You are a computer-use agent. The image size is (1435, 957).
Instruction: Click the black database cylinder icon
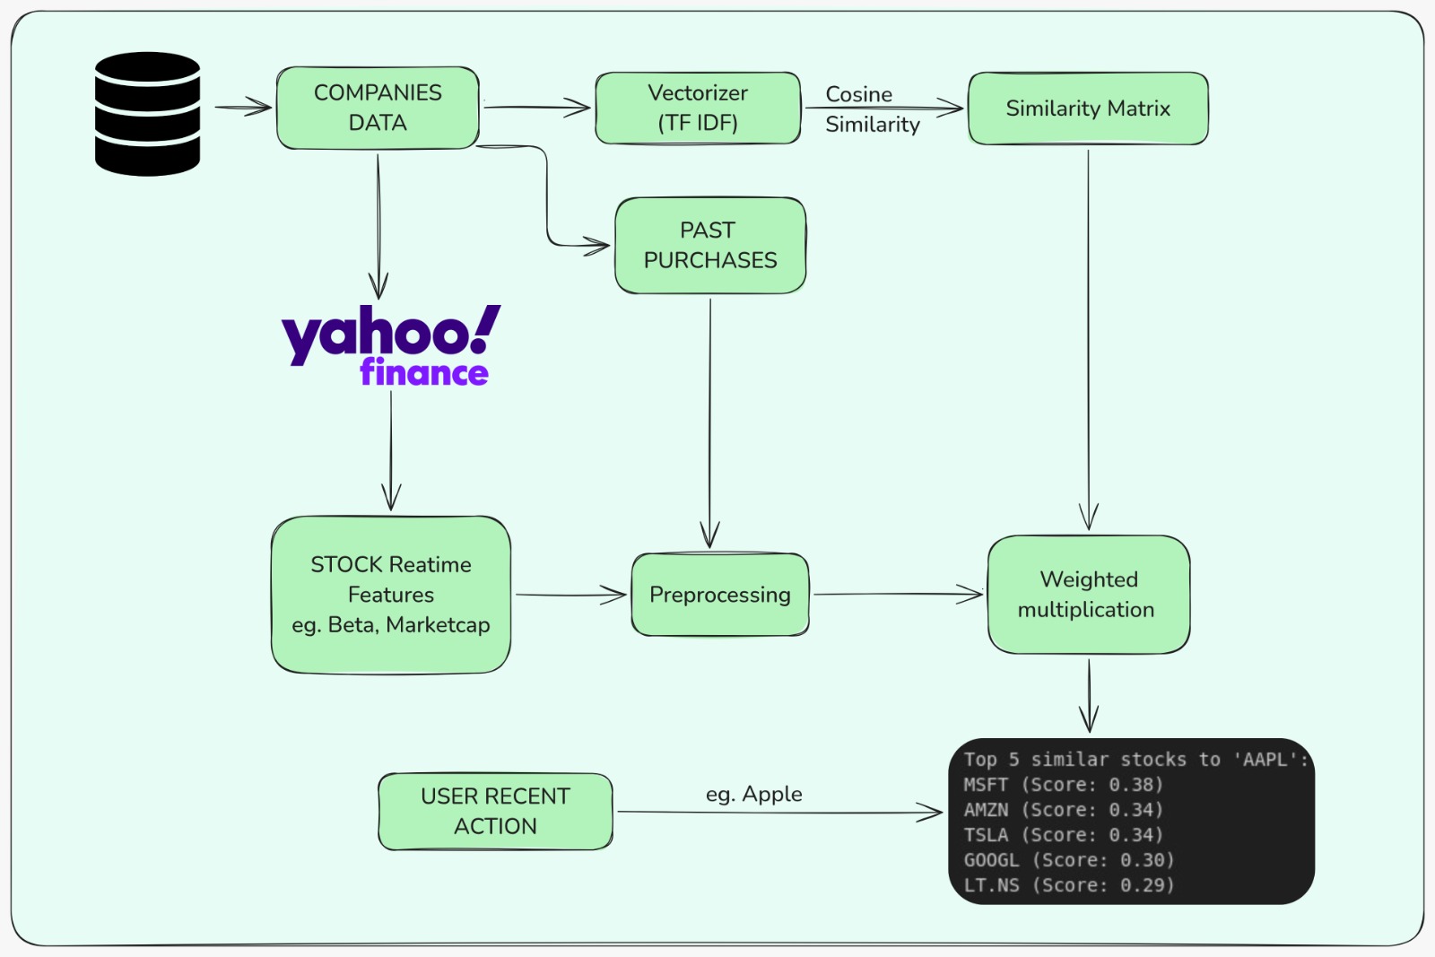(x=147, y=114)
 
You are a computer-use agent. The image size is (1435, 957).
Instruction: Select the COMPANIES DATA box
(x=378, y=108)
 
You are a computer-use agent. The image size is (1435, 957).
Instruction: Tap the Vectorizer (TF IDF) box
(x=698, y=108)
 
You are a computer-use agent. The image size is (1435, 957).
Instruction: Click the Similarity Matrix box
(x=1088, y=109)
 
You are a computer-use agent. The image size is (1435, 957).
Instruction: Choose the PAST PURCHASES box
(x=710, y=245)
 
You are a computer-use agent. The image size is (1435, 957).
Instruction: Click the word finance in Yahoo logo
(x=423, y=372)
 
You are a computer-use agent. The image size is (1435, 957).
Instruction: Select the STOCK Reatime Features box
(x=391, y=594)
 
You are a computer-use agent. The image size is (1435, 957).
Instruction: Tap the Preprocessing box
(x=720, y=595)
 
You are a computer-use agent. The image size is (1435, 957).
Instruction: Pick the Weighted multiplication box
(x=1088, y=595)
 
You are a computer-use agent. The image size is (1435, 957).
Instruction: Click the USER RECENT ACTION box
(x=495, y=811)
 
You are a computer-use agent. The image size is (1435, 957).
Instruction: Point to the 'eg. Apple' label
(x=753, y=794)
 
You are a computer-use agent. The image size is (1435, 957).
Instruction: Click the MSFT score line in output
(x=1063, y=785)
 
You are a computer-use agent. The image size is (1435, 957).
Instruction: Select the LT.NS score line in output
(x=1068, y=885)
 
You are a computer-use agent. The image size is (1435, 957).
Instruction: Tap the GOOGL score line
(x=1068, y=860)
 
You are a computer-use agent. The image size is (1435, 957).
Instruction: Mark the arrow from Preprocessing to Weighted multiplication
(x=897, y=594)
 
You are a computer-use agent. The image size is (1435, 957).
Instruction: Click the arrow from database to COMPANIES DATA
(x=243, y=108)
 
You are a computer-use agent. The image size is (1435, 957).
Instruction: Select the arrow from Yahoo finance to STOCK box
(x=391, y=448)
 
